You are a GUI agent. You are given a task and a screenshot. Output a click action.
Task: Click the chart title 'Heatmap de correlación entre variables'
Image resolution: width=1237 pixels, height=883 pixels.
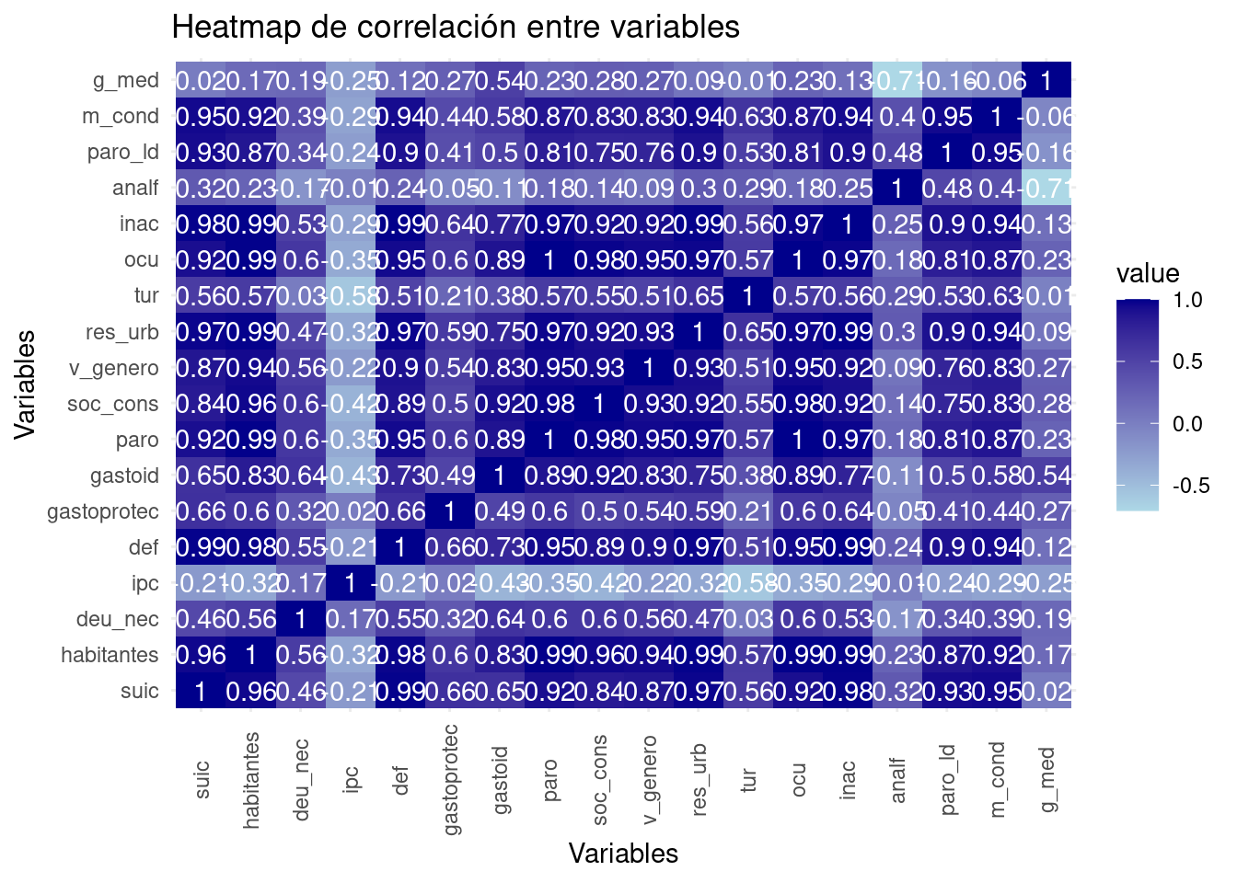pos(456,28)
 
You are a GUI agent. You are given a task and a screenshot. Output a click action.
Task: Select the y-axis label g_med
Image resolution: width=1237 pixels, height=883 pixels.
pos(126,81)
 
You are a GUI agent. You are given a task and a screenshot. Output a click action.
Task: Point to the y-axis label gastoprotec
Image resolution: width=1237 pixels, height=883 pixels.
pos(103,511)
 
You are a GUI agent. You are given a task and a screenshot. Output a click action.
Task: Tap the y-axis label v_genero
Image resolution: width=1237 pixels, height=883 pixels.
pos(113,368)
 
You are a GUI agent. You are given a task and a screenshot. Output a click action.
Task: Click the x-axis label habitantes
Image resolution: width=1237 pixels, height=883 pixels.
pos(251,780)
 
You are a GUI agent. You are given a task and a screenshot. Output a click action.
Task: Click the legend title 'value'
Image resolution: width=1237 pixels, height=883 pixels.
pos(1148,273)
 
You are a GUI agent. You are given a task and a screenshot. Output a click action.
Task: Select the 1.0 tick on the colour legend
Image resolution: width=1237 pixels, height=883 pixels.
pos(1188,300)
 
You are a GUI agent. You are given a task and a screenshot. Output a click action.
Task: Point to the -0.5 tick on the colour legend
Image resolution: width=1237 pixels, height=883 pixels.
pos(1191,486)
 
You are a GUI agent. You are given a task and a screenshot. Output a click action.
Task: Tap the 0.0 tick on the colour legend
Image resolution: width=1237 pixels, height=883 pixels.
pos(1188,424)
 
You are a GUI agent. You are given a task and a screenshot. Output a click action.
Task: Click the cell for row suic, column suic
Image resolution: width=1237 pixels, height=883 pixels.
pos(201,691)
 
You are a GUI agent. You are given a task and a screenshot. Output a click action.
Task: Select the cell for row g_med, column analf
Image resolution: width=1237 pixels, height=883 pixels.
pos(897,81)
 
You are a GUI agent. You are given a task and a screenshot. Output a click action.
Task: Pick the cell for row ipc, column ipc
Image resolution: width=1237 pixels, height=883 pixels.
pos(350,583)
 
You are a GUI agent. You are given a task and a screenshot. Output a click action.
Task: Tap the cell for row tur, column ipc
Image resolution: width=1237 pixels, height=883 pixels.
pos(350,296)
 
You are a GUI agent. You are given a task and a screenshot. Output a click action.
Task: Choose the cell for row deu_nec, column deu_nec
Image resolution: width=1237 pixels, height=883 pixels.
pos(300,619)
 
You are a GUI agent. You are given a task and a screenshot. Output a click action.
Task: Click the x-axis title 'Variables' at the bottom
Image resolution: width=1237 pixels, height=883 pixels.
pos(623,854)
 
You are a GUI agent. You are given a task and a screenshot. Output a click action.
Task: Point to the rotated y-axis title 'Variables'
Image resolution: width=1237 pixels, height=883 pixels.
pos(25,385)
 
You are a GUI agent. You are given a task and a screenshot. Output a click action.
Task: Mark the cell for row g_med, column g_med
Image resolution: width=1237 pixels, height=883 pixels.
pos(1046,81)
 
